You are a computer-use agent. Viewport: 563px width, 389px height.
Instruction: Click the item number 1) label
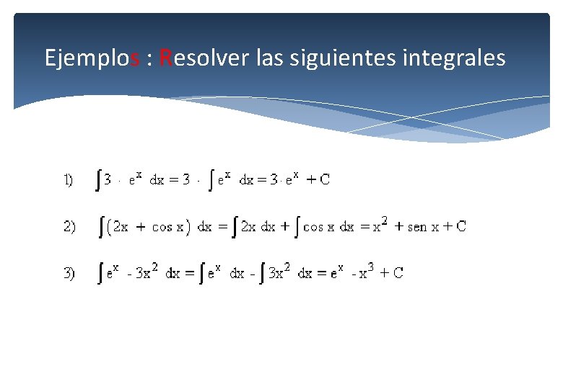pyautogui.click(x=68, y=180)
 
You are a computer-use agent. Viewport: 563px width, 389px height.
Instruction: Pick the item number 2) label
pyautogui.click(x=69, y=227)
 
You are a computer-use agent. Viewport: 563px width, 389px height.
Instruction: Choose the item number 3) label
pyautogui.click(x=69, y=273)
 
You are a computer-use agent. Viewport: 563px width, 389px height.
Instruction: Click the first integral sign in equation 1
pyautogui.click(x=99, y=180)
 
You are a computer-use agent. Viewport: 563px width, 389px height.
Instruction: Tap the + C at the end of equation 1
pyautogui.click(x=318, y=180)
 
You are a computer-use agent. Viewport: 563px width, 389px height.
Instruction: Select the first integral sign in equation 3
pyautogui.click(x=100, y=273)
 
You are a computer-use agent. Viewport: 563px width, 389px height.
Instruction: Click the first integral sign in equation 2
pyautogui.click(x=100, y=227)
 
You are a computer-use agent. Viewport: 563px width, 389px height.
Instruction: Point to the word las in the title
pyautogui.click(x=270, y=57)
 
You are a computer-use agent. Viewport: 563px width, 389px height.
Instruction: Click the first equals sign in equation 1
pyautogui.click(x=175, y=181)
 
